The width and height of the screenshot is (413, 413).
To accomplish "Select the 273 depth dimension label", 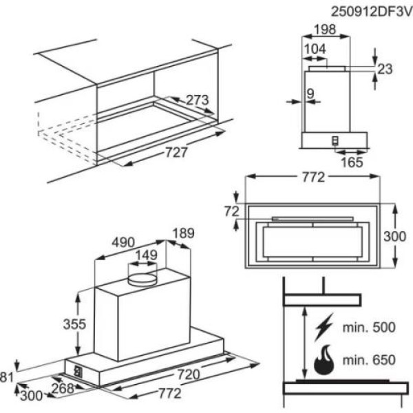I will coord(198,100).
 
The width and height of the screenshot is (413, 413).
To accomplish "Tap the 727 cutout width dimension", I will coord(176,153).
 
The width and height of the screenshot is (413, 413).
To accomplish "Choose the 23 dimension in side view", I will coord(384,68).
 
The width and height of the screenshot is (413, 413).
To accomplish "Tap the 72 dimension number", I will coord(231,211).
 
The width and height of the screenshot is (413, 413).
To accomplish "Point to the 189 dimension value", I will coord(182,233).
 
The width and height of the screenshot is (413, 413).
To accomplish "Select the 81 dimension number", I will coord(6,376).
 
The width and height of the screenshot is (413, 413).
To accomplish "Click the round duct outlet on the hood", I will coord(142,278).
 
